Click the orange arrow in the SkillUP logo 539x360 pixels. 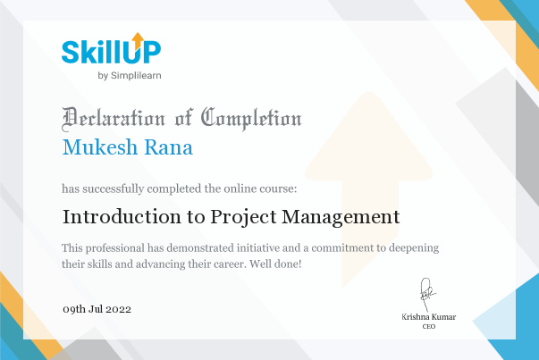138,40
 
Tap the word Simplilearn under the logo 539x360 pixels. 136,76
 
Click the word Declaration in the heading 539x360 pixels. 114,119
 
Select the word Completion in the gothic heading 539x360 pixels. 251,119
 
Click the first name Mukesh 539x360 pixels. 100,147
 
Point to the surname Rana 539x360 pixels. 168,147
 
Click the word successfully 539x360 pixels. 114,188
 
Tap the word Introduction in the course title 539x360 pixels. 122,217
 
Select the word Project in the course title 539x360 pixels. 243,217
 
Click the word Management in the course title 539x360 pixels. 341,217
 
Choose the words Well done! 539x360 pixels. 275,264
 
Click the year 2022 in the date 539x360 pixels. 118,309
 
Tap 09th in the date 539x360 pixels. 74,309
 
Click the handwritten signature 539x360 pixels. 427,295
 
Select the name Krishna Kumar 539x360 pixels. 429,317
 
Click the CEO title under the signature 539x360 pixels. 429,326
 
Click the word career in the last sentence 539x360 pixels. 230,264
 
